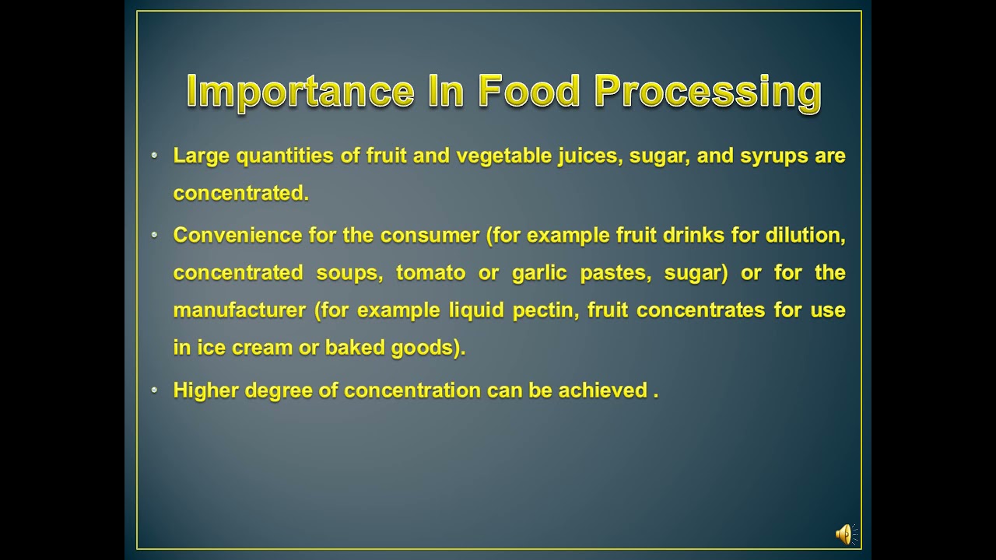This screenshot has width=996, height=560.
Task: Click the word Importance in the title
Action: coord(300,92)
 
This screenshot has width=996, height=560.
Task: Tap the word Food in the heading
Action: coord(529,92)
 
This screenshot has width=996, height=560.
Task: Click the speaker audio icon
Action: coord(845,534)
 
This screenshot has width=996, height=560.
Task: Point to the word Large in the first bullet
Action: coord(202,156)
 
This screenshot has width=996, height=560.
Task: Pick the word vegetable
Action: coord(504,156)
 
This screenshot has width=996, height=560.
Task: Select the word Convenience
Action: coord(238,236)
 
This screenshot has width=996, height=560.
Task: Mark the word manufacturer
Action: coord(240,310)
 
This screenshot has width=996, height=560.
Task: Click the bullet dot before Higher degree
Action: coord(155,390)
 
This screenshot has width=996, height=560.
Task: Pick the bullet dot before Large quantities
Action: coord(155,156)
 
